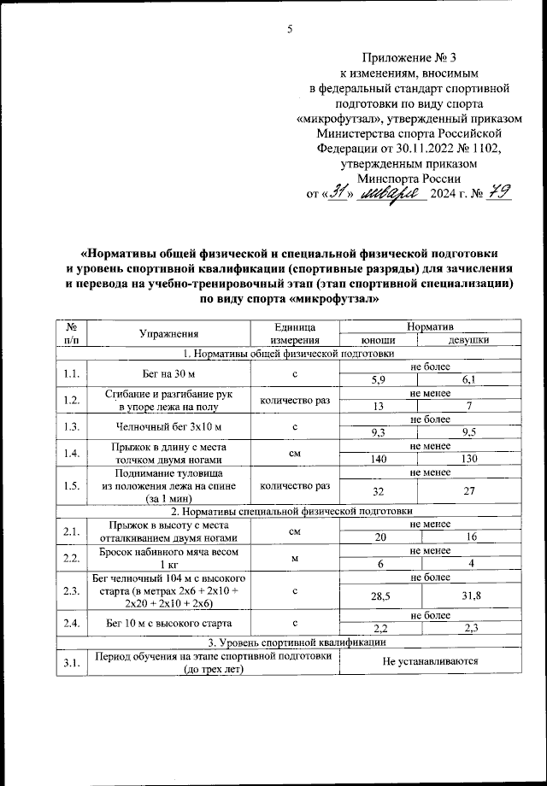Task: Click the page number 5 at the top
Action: point(290,30)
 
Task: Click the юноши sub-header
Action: point(378,340)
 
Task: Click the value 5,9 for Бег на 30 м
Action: point(378,378)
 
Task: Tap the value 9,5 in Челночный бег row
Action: point(468,433)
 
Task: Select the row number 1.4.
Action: point(73,453)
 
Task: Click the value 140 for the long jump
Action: point(378,459)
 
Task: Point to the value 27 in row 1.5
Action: point(468,492)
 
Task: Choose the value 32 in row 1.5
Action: point(378,492)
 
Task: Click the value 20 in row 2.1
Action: point(378,537)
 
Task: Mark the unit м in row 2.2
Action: point(293,558)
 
